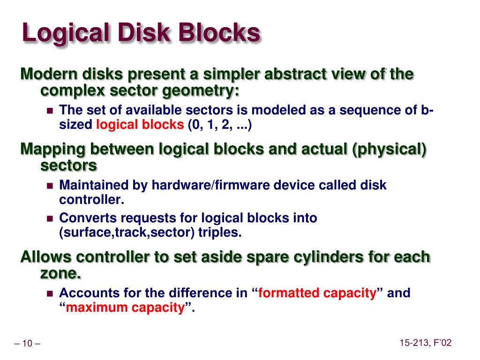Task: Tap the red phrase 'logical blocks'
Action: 140,125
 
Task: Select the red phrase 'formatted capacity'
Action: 317,293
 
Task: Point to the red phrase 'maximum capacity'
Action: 125,308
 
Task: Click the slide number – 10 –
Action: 28,344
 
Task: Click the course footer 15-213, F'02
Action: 426,344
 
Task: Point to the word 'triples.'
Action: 220,233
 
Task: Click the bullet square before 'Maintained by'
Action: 51,186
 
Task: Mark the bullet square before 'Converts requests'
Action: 51,218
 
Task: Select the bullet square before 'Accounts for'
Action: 51,294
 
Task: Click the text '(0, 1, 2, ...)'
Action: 220,125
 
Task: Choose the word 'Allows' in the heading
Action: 45,257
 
